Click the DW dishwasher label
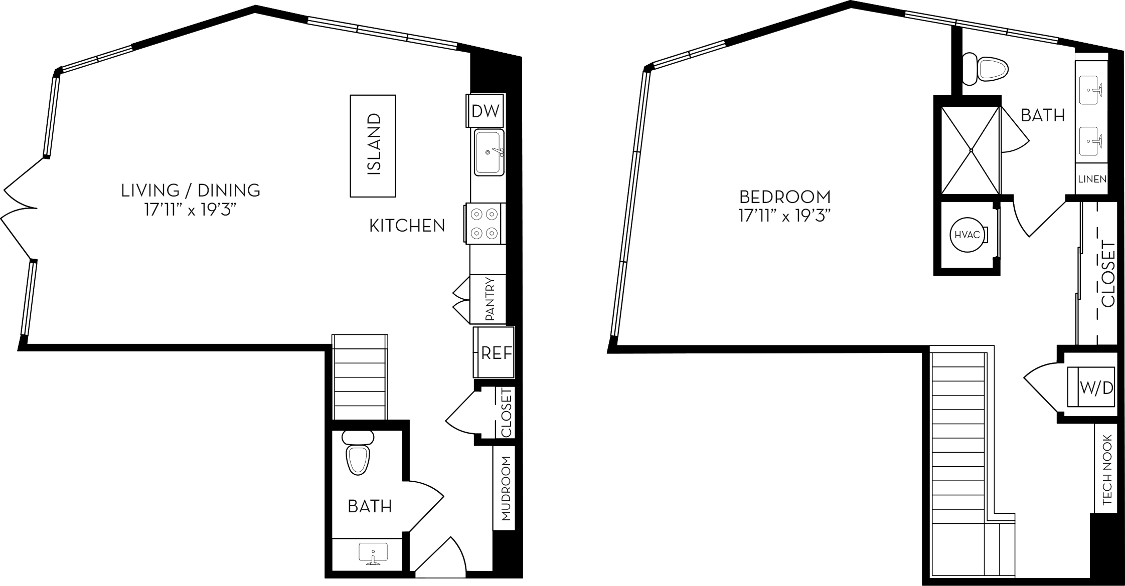tap(486, 111)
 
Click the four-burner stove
tap(485, 224)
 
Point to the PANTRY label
tap(490, 300)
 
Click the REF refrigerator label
tap(496, 353)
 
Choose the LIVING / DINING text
tap(191, 190)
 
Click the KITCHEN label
tap(407, 226)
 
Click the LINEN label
tap(1092, 179)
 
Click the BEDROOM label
tap(785, 197)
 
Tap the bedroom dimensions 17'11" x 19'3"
tap(785, 217)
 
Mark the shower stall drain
tap(971, 150)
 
